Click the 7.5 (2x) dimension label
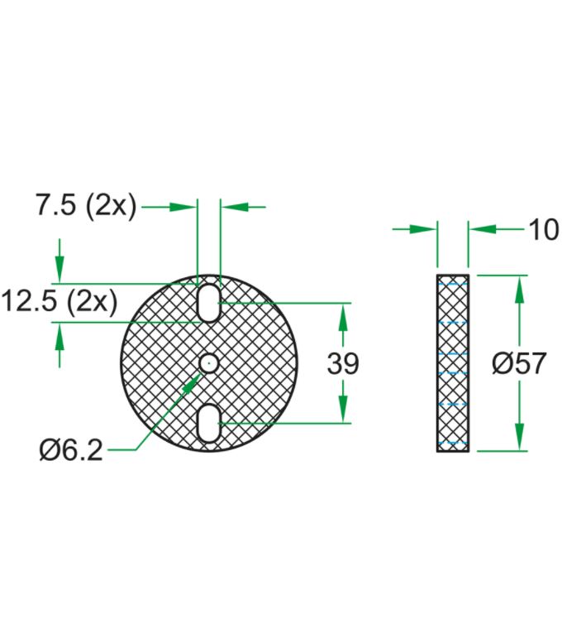point(85,206)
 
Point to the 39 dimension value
point(343,363)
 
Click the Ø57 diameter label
point(519,363)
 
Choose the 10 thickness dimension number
point(543,229)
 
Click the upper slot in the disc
point(208,302)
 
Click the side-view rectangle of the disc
point(453,363)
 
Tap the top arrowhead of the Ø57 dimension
point(519,285)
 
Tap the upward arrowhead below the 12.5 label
point(60,334)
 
